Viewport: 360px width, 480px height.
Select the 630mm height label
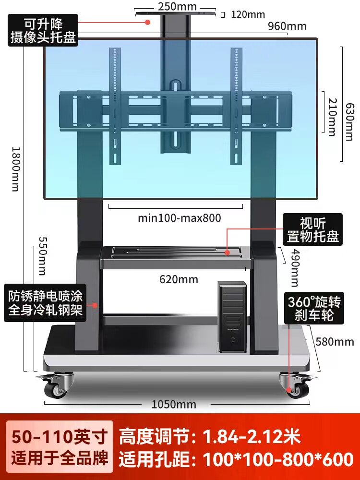click(x=350, y=122)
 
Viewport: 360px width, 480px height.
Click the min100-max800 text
click(x=180, y=218)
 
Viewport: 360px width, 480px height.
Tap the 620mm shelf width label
click(x=179, y=279)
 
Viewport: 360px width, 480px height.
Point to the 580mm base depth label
click(x=335, y=342)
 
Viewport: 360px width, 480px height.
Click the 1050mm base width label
click(x=174, y=404)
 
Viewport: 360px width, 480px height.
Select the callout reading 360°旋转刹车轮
click(x=314, y=309)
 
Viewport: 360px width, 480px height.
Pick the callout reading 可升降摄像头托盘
click(x=43, y=30)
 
